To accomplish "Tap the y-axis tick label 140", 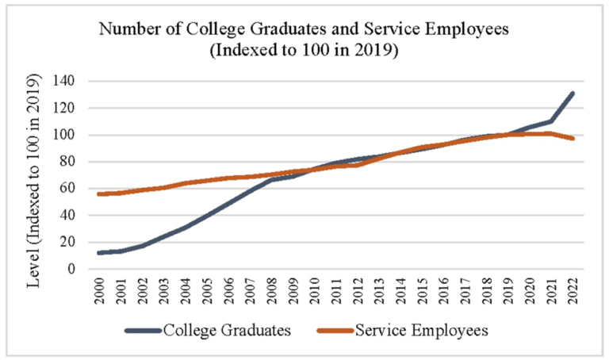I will click(x=63, y=81).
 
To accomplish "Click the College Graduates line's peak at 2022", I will click(x=572, y=94).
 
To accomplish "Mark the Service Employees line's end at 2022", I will click(x=572, y=138).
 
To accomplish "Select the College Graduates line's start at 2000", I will click(x=99, y=253).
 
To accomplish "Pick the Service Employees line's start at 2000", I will click(x=99, y=194).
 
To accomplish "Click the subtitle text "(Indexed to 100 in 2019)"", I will click(x=303, y=52).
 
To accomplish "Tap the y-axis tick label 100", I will click(x=63, y=135).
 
